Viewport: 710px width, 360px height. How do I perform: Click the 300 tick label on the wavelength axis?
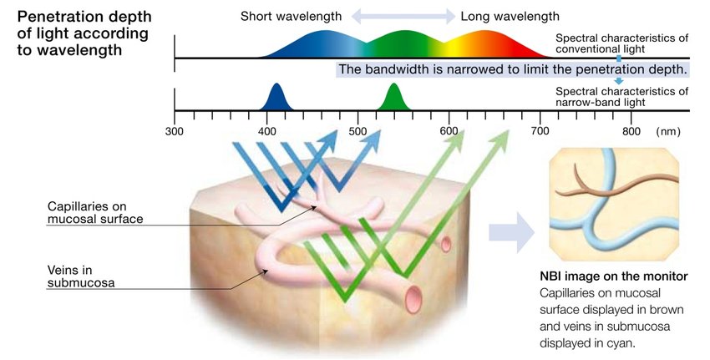[x=175, y=131]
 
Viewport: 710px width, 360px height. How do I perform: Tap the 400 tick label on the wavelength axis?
[x=266, y=131]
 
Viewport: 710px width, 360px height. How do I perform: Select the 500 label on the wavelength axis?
[x=358, y=131]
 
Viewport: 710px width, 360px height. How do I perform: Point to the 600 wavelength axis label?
[x=449, y=131]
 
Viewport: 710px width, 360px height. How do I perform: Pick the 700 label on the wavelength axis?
[x=541, y=131]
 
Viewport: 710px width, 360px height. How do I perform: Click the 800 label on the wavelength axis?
[x=631, y=131]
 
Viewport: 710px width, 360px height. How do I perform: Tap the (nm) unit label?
[x=669, y=131]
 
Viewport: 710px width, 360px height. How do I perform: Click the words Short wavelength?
[x=290, y=17]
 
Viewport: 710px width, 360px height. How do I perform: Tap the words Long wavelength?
[x=510, y=17]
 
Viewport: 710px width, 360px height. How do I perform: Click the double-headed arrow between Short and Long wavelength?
[x=403, y=16]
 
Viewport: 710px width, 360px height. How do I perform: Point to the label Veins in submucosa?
[x=80, y=275]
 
